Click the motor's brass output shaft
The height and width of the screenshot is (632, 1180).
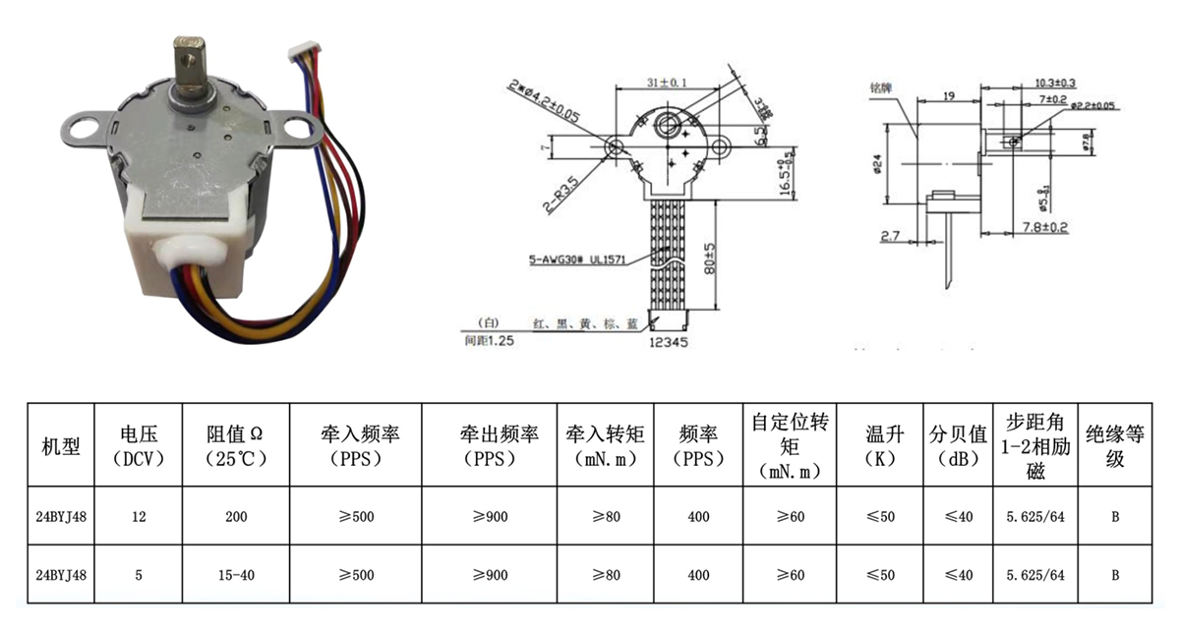tap(187, 63)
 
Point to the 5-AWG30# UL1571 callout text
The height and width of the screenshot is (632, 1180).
tap(574, 260)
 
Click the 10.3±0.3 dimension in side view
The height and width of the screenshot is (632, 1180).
tap(1055, 83)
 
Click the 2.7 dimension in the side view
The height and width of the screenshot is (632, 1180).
tap(891, 237)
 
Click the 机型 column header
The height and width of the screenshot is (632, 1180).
tap(60, 444)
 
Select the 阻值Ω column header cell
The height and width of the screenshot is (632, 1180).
tap(236, 444)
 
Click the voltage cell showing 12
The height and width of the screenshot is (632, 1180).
tap(138, 517)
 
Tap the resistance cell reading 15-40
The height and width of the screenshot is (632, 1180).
tap(236, 575)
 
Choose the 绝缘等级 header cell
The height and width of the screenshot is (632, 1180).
tap(1114, 444)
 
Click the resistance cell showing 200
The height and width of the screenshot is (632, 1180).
tap(236, 517)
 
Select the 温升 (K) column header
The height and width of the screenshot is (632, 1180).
tap(880, 444)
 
